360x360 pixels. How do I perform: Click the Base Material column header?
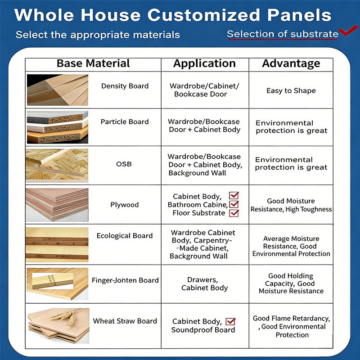(93, 63)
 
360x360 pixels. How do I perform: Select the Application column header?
(204, 63)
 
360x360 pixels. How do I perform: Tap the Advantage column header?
(291, 63)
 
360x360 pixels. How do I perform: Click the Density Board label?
(125, 86)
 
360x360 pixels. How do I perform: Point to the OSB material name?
(124, 164)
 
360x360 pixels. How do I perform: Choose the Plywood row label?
(125, 205)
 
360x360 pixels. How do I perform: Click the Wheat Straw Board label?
(125, 321)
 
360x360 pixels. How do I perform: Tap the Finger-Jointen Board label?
(125, 280)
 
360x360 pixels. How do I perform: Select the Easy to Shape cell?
(291, 91)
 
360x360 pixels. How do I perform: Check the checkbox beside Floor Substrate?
(234, 213)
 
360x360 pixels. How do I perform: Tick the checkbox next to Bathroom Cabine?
(234, 204)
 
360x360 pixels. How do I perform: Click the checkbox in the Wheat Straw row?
(230, 321)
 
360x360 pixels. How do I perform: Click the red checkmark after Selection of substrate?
(348, 31)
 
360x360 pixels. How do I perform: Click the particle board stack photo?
(58, 127)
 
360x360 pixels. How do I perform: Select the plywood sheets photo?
(57, 205)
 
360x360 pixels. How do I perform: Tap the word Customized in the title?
(204, 15)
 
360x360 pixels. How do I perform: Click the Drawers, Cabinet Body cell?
(204, 284)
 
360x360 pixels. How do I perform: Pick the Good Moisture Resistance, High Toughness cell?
(291, 205)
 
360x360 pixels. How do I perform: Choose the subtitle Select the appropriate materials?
(98, 35)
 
